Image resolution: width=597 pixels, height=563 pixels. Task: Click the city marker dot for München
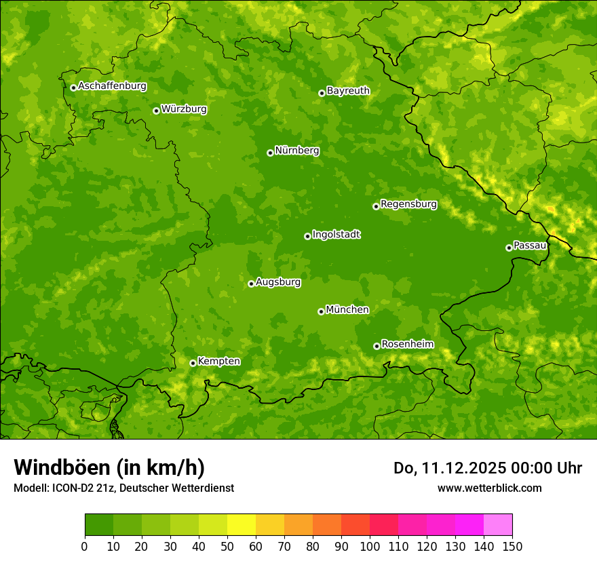(x=321, y=311)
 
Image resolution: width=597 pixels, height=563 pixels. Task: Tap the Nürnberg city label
(x=297, y=151)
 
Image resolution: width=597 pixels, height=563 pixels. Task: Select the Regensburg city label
(x=408, y=204)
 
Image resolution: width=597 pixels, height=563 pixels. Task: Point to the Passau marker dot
(x=509, y=248)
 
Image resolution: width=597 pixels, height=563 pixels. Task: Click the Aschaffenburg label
(x=112, y=86)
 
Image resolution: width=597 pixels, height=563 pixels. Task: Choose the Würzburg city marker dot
(x=156, y=111)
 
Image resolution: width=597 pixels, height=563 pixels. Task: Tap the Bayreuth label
(x=348, y=91)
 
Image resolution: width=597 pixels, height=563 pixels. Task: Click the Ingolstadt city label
(x=336, y=235)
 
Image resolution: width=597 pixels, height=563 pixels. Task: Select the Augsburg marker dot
(x=251, y=284)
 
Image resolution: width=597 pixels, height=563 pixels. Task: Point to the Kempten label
(x=218, y=362)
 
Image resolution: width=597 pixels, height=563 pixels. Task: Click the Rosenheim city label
(x=407, y=345)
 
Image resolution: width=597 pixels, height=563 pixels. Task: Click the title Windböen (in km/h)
(x=109, y=467)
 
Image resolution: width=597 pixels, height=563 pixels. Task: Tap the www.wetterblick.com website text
(x=489, y=488)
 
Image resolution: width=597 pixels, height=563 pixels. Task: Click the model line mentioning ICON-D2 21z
(x=123, y=488)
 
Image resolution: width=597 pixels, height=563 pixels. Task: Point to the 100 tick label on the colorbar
(x=370, y=546)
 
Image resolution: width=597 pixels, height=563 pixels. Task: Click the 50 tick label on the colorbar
(x=227, y=546)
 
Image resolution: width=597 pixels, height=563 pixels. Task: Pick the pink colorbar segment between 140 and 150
(x=498, y=525)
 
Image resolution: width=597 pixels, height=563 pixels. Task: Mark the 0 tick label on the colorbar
(x=85, y=546)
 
